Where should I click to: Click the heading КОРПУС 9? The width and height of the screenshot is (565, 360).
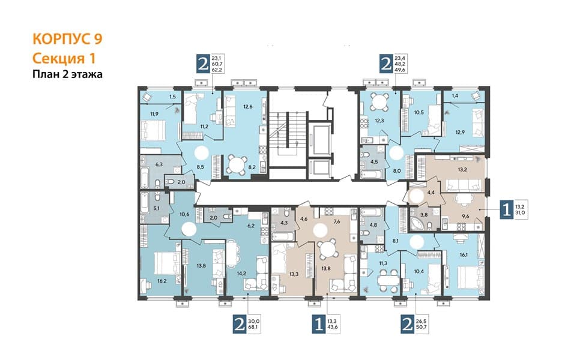click(x=67, y=39)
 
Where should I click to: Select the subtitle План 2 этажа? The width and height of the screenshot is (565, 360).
click(x=67, y=74)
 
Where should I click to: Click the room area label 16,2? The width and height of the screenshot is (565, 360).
click(x=162, y=281)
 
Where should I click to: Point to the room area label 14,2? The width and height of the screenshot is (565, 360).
click(x=241, y=273)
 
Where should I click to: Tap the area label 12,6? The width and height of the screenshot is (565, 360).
click(x=248, y=106)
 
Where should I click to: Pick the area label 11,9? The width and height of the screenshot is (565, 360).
click(x=154, y=114)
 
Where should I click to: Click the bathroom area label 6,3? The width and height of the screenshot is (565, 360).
click(x=159, y=164)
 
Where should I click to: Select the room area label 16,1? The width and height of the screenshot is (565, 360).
click(x=464, y=254)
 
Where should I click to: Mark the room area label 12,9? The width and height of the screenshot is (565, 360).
click(x=460, y=132)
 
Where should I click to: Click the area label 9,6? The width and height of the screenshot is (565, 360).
click(x=466, y=217)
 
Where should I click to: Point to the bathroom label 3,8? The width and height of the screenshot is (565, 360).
click(x=424, y=215)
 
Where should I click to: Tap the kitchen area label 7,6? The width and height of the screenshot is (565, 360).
click(x=337, y=222)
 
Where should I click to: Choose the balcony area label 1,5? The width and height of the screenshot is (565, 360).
click(x=172, y=97)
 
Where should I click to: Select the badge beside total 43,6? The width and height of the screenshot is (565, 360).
click(x=319, y=325)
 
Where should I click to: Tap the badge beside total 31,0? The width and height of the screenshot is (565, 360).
click(x=507, y=209)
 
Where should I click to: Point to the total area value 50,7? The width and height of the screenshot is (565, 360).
click(x=424, y=328)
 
